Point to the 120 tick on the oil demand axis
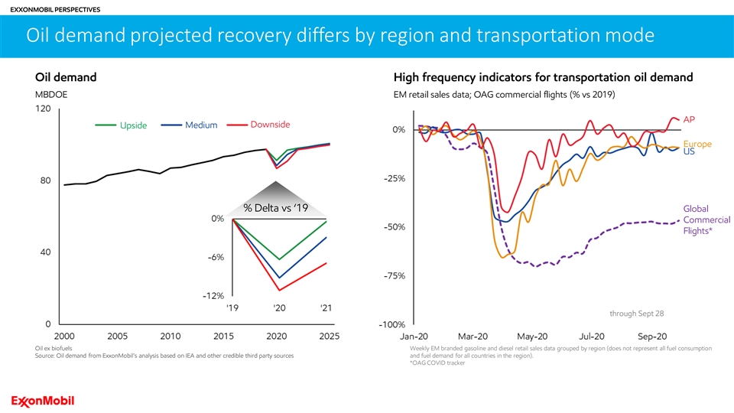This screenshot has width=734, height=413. tap(42, 109)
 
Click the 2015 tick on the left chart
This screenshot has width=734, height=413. tap(223, 337)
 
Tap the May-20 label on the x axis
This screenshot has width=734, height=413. tap(532, 337)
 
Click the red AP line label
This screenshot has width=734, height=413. tap(689, 119)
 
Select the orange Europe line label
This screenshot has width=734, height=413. tap(697, 143)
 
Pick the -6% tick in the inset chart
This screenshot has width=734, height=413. tap(215, 258)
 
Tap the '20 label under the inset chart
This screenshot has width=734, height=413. tap(279, 308)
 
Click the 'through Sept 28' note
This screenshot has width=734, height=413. tap(636, 314)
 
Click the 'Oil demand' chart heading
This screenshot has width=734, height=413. tap(66, 77)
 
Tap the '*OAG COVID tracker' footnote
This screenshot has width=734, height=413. tap(437, 363)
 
